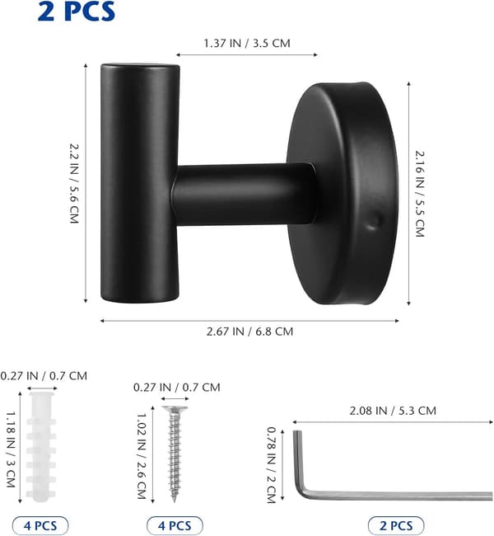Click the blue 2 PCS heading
(x=77, y=12)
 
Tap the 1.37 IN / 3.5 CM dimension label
(x=247, y=44)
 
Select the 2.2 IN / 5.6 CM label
(x=74, y=184)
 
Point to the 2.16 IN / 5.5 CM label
(x=420, y=194)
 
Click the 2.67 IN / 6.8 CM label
(x=249, y=331)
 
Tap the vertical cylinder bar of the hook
(x=140, y=183)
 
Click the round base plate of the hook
(x=343, y=194)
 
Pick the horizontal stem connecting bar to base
(x=242, y=194)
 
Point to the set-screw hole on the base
(x=375, y=220)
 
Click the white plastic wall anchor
(x=41, y=447)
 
